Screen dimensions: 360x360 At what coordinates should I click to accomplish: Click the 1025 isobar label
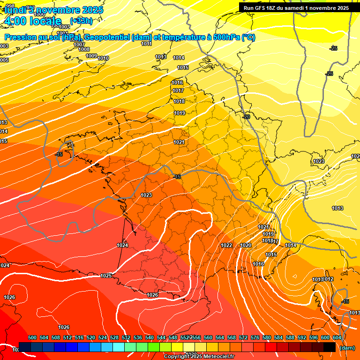pyautogui.click(x=106, y=276)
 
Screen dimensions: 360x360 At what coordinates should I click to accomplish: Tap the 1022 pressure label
pyautogui.click(x=226, y=245)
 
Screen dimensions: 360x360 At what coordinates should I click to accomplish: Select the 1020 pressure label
pyautogui.click(x=246, y=245)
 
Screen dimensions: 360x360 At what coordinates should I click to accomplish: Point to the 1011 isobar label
pyautogui.click(x=146, y=44)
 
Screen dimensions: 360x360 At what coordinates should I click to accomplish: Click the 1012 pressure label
pyautogui.click(x=329, y=279)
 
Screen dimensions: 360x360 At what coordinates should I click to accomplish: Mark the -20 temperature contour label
pyautogui.click(x=246, y=116)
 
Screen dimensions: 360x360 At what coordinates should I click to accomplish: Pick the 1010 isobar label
pyautogui.click(x=104, y=59)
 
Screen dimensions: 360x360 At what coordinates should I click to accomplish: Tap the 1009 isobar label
pyautogui.click(x=91, y=56)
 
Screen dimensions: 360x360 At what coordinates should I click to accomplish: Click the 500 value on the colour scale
pyautogui.click(x=32, y=337)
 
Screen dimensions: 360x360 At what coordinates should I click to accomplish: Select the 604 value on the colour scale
pyautogui.click(x=337, y=337)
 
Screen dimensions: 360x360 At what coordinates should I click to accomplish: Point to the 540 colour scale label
pyautogui.click(x=150, y=337)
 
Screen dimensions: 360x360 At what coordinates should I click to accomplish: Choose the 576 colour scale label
pyautogui.click(x=255, y=337)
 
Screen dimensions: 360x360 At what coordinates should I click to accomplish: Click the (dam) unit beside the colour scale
pyautogui.click(x=347, y=348)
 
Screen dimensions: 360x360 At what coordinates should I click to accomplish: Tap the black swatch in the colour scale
pyautogui.click(x=329, y=347)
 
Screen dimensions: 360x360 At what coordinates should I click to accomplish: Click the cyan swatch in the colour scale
pyautogui.click(x=119, y=347)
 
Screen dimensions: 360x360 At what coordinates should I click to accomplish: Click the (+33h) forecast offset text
pyautogui.click(x=81, y=21)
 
